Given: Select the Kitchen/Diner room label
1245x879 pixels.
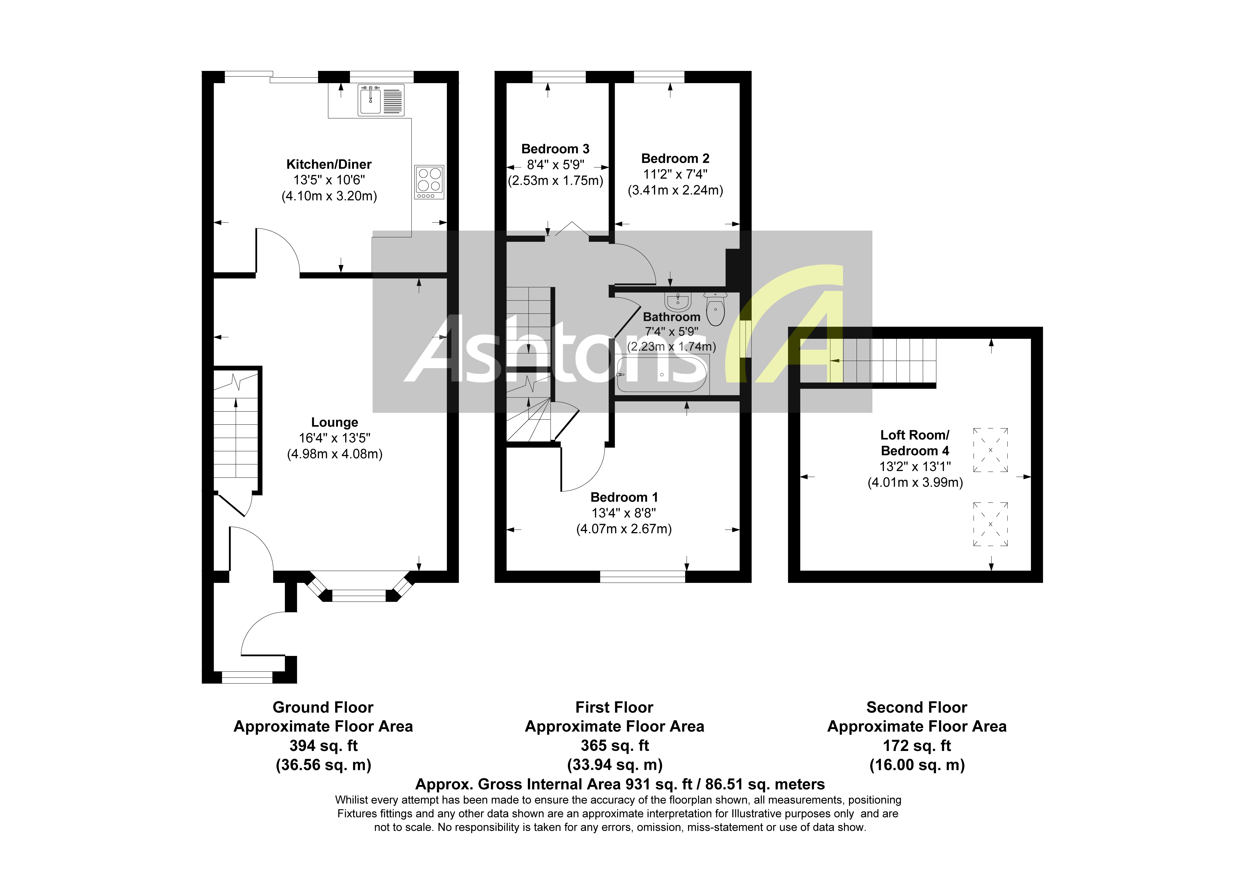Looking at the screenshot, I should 329,164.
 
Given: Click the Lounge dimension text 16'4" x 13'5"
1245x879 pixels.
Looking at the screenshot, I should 334,438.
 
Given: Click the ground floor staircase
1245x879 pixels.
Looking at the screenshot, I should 236,434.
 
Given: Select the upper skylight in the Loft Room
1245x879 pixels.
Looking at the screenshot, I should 990,450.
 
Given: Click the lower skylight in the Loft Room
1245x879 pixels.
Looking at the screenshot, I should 990,524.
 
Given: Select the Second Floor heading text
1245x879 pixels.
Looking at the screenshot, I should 916,707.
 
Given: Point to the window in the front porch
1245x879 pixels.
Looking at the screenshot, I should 247,677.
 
